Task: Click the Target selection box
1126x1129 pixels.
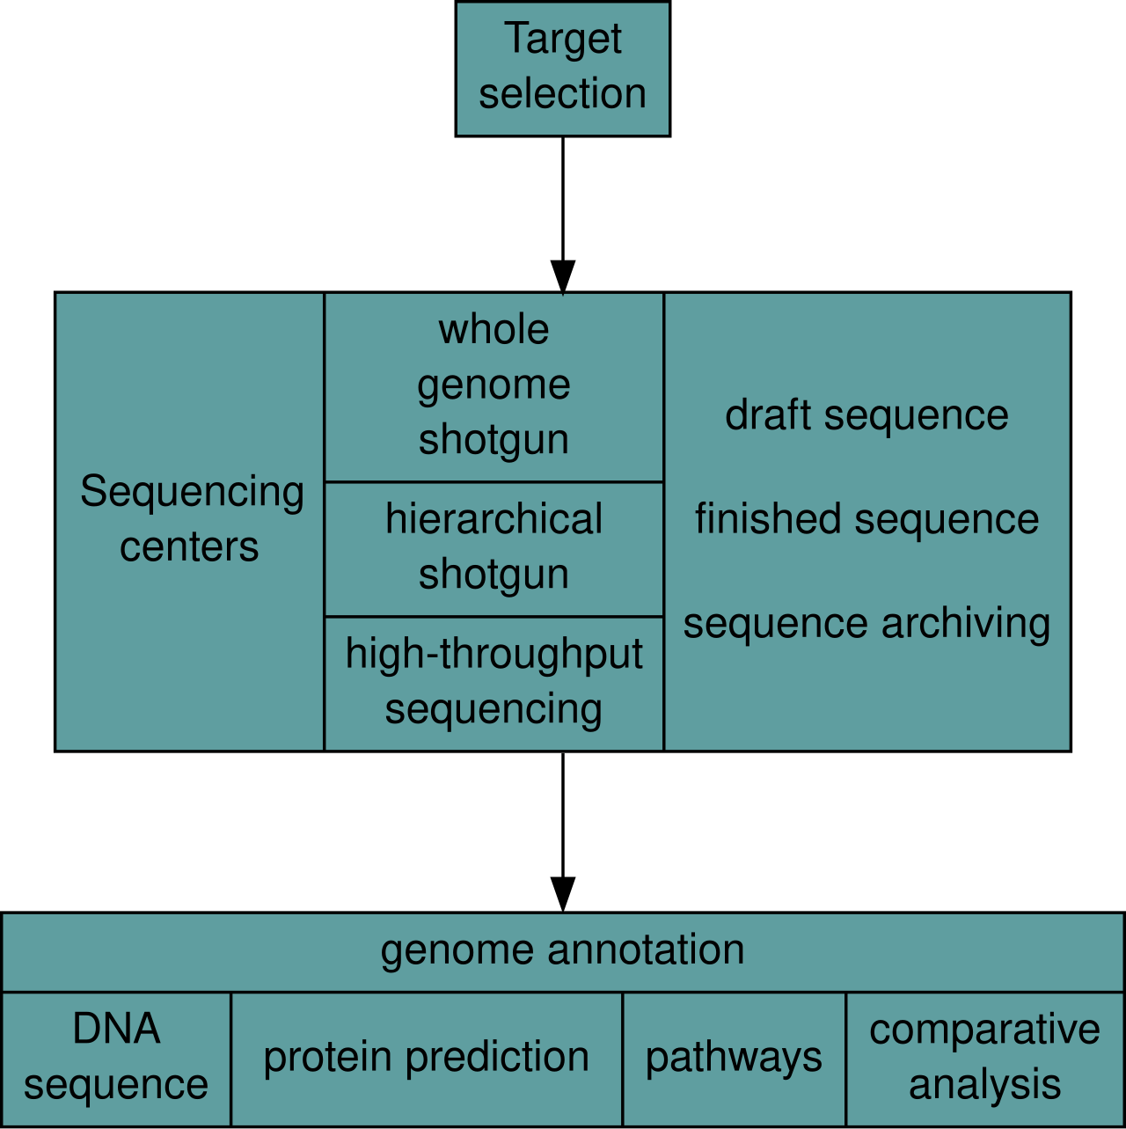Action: point(562,70)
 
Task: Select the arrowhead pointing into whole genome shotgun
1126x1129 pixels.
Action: point(562,277)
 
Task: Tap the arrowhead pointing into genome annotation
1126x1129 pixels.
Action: point(562,895)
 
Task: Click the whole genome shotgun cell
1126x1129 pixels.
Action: point(494,386)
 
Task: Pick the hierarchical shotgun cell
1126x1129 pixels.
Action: point(494,549)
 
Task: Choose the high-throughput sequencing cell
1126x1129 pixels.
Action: point(494,684)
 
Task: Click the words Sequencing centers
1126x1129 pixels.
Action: point(192,519)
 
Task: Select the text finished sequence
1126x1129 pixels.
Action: point(866,520)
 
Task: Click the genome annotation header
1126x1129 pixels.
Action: point(562,951)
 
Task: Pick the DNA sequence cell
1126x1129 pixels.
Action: point(116,1059)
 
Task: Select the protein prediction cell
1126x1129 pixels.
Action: point(427,1059)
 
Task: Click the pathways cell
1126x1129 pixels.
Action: point(734,1059)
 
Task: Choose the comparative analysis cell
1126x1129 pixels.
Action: point(985,1059)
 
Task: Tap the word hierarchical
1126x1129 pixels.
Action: point(494,519)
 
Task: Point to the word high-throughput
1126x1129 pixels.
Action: point(494,655)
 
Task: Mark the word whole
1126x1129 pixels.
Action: point(494,330)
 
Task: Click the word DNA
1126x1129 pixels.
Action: point(116,1030)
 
